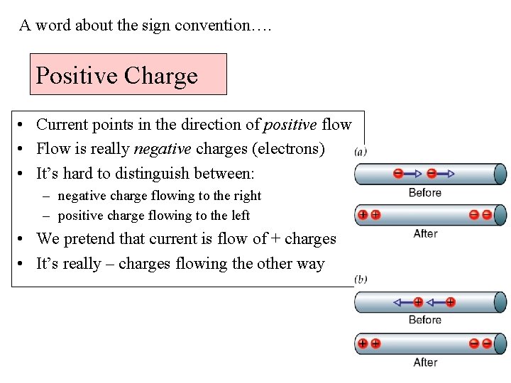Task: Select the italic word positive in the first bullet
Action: [290, 125]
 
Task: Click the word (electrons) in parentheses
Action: [287, 149]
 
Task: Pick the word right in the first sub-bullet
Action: [247, 196]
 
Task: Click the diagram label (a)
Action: [361, 151]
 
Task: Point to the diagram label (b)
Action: [361, 279]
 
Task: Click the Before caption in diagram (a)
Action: [425, 192]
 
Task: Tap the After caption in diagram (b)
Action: [425, 362]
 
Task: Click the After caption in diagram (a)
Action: [425, 233]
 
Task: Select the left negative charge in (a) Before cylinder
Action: [398, 173]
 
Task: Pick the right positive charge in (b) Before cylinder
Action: [450, 302]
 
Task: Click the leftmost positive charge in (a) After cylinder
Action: [363, 214]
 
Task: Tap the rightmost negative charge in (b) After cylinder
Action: [487, 343]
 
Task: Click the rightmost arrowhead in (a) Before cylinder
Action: [451, 173]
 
